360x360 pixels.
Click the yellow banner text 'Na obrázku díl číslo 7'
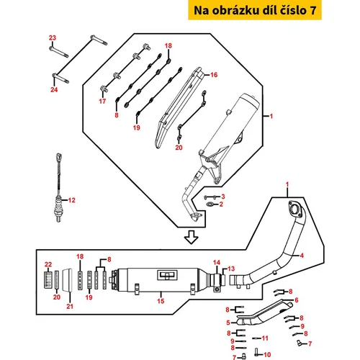[x=255, y=10]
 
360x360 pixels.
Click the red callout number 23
[x=53, y=37]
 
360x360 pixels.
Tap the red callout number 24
[x=54, y=89]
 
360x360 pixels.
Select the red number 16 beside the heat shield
[x=214, y=75]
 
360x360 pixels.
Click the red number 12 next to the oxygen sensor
[x=72, y=200]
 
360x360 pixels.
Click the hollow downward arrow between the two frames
[x=192, y=238]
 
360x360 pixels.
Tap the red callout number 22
[x=48, y=264]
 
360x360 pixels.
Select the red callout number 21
[x=70, y=306]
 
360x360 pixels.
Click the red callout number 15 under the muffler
[x=161, y=301]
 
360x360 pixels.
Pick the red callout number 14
[x=217, y=263]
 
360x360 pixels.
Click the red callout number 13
[x=231, y=269]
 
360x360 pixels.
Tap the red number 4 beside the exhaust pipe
[x=302, y=256]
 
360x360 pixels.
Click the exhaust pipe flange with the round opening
[x=294, y=208]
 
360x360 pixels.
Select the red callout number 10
[x=267, y=354]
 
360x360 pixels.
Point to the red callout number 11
[x=265, y=338]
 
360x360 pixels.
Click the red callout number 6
[x=297, y=300]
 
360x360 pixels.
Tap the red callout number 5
[x=228, y=323]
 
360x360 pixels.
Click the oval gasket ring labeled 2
[x=210, y=204]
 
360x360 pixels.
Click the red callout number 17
[x=102, y=102]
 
